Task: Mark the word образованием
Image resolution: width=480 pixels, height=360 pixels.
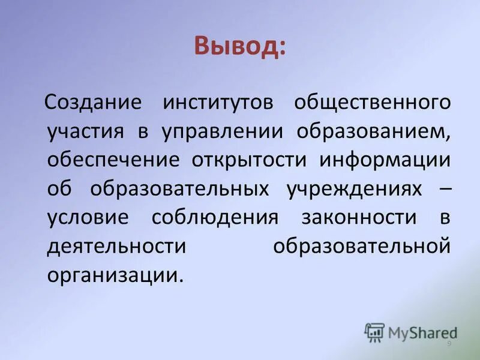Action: (x=373, y=131)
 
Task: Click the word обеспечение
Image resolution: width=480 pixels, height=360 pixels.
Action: (x=113, y=160)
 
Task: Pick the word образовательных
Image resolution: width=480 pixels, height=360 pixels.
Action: (x=179, y=188)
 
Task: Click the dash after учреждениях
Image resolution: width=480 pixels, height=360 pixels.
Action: (x=440, y=188)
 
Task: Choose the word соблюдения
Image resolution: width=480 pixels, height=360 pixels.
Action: (x=215, y=217)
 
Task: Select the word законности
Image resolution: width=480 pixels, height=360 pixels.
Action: (x=358, y=217)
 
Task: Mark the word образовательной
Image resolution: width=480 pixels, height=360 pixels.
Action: (x=362, y=246)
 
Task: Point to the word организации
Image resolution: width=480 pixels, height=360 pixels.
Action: (x=114, y=275)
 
